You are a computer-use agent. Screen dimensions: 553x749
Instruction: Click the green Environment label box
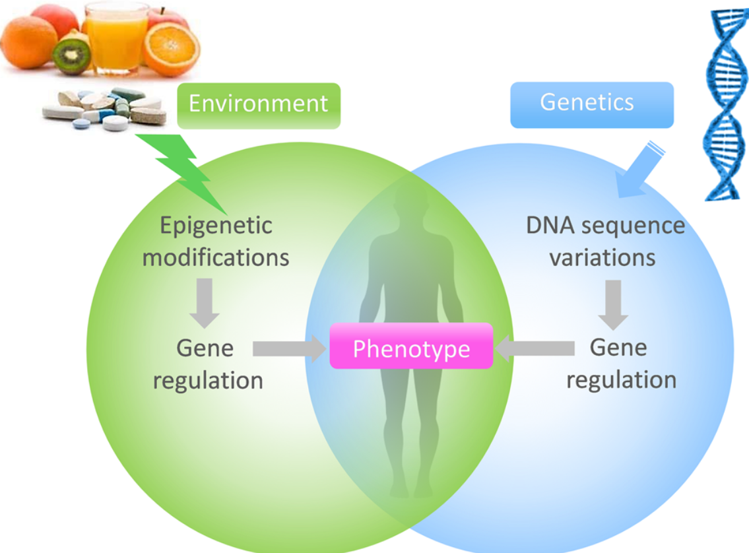click(x=259, y=105)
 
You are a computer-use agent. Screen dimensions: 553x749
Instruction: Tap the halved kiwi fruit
click(x=71, y=56)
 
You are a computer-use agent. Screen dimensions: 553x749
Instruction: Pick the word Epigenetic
click(x=216, y=226)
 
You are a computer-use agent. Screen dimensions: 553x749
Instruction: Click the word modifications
click(x=216, y=257)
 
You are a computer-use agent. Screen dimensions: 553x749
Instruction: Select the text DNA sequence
click(x=604, y=226)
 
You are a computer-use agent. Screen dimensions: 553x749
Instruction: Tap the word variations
click(x=602, y=257)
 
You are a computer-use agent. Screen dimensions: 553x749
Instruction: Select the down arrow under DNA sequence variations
click(x=613, y=304)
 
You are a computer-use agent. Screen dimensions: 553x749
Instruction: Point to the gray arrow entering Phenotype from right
click(x=535, y=348)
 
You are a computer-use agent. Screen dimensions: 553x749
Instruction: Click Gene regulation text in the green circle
click(x=207, y=364)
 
